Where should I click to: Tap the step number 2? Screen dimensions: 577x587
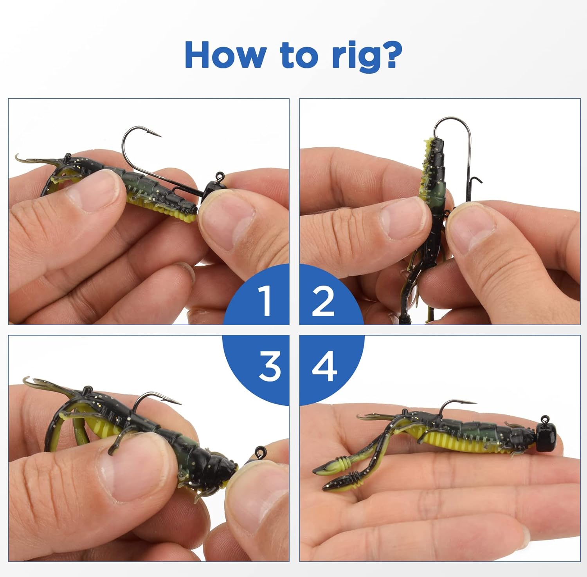point(323,301)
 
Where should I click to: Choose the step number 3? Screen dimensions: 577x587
point(270,366)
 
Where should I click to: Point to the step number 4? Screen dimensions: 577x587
point(324,366)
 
